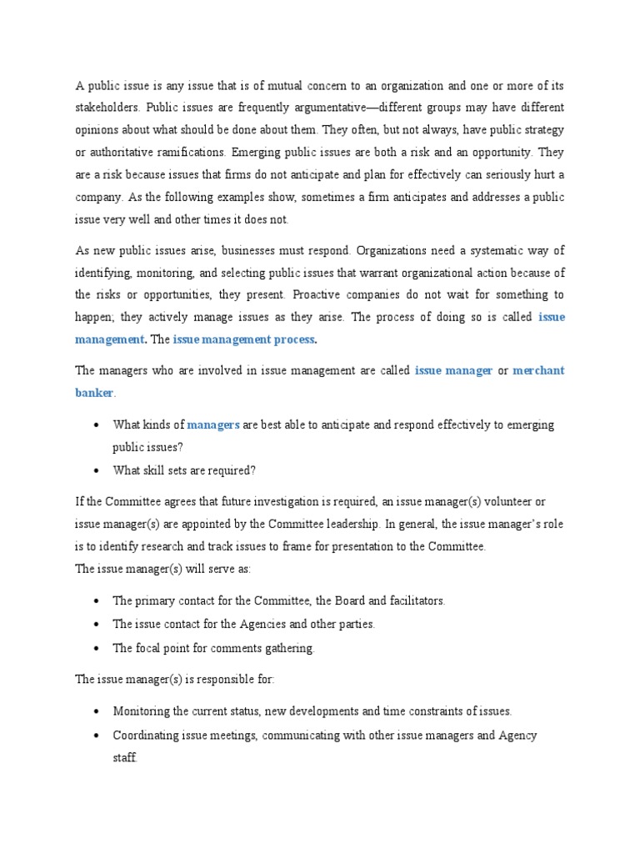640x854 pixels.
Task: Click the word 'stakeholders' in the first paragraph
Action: [x=107, y=108]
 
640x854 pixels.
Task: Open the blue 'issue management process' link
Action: [x=245, y=339]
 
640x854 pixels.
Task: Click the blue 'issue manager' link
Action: [x=453, y=370]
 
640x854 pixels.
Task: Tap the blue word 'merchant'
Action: [x=538, y=370]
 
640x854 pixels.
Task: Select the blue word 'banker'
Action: [x=94, y=393]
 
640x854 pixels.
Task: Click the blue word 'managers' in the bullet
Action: [x=213, y=424]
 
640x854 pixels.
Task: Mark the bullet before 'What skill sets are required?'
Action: [x=97, y=470]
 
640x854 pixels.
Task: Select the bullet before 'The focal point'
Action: [x=97, y=648]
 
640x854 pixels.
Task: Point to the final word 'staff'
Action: [x=125, y=759]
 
